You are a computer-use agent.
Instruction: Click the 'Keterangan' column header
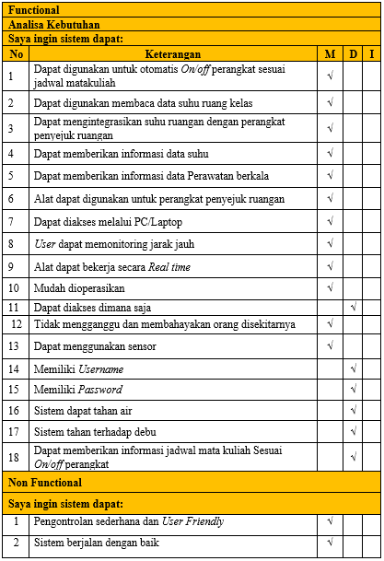click(x=172, y=54)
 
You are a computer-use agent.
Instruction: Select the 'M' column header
click(x=330, y=54)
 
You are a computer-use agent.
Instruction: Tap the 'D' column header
click(x=354, y=54)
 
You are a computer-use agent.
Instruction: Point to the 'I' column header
click(x=372, y=54)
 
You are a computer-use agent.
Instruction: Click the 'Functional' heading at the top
click(x=35, y=10)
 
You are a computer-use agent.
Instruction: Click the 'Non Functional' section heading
click(x=45, y=483)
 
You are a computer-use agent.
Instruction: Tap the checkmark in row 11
click(x=354, y=307)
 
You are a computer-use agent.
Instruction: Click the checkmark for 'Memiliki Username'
click(x=354, y=369)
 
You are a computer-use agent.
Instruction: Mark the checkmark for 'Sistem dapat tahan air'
click(x=354, y=411)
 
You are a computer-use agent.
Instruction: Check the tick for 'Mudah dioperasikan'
click(x=330, y=288)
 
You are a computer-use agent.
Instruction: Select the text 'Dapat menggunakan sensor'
click(x=95, y=346)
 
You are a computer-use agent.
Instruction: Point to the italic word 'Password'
click(x=99, y=390)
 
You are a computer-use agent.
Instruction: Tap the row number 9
click(x=11, y=266)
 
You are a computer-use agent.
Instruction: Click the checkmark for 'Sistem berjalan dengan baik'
click(x=330, y=543)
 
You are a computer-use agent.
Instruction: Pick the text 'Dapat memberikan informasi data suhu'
click(x=121, y=152)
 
